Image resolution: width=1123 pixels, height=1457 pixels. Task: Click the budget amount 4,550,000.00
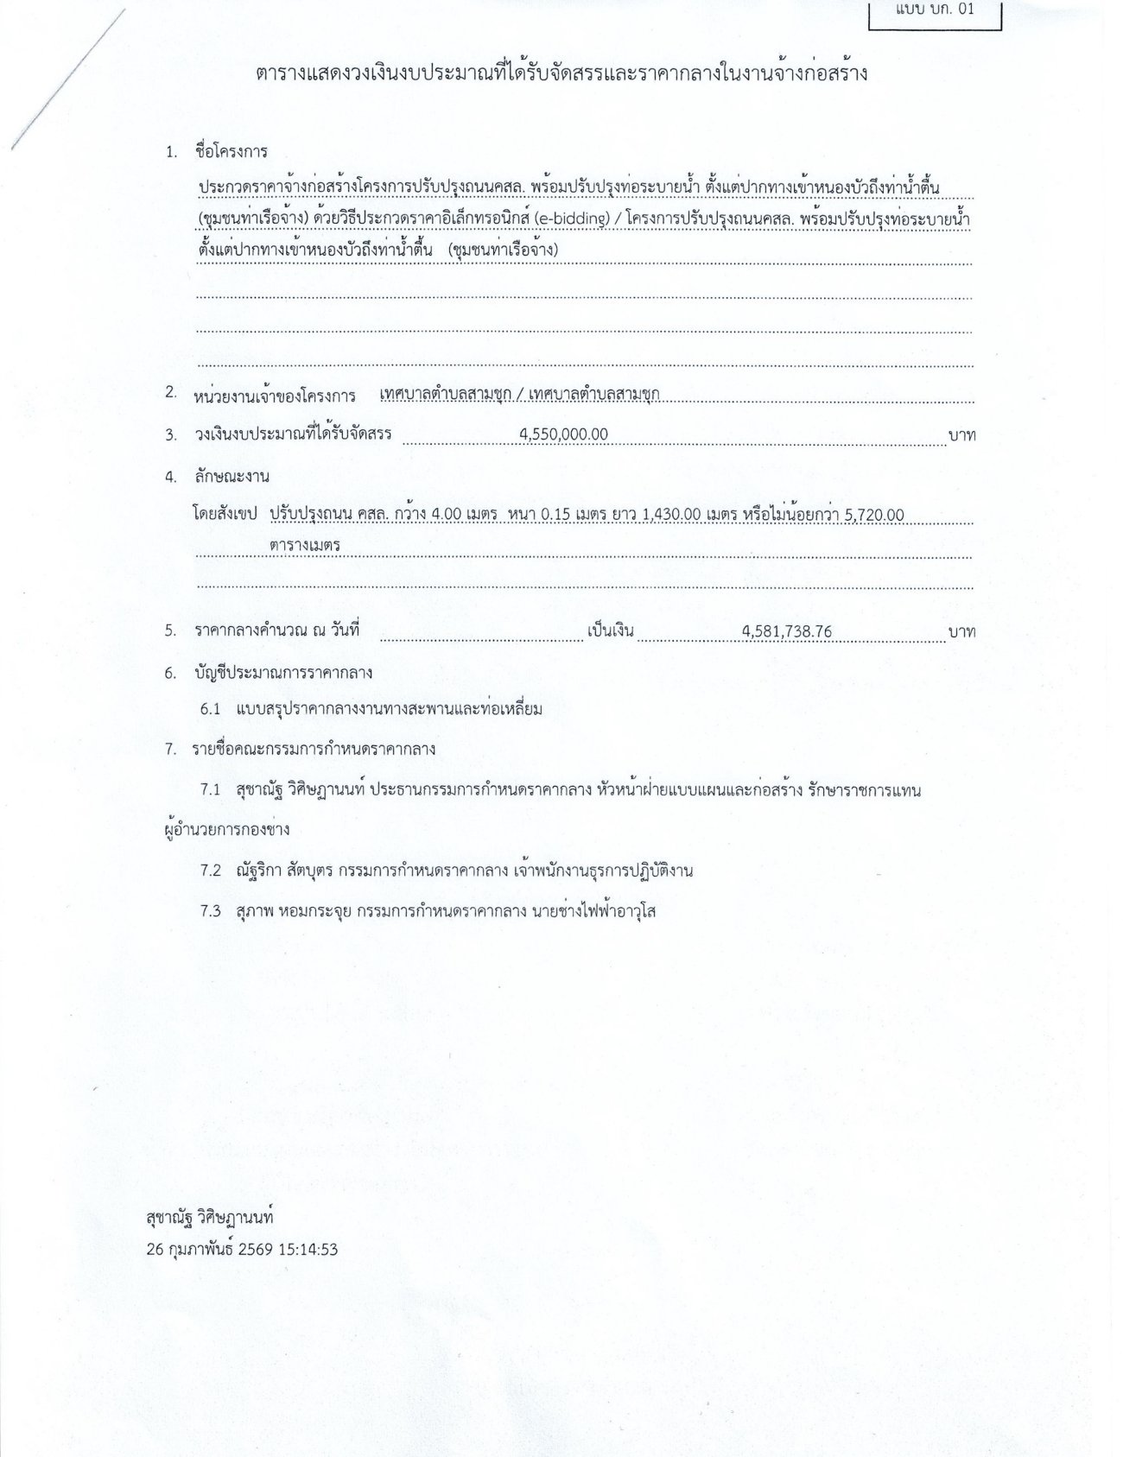(x=564, y=434)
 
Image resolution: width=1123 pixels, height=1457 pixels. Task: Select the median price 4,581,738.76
(x=786, y=631)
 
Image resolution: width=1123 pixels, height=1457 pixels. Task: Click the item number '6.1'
(x=211, y=709)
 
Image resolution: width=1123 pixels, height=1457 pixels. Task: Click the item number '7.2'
(x=211, y=871)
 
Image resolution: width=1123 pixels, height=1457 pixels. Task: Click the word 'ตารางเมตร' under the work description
(x=304, y=546)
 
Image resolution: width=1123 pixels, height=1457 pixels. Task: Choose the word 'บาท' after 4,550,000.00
(x=961, y=435)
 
